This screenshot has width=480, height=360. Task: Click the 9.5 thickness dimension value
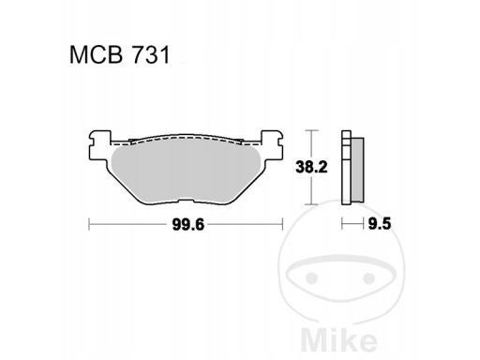377,224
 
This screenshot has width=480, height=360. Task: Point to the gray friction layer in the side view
357,168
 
